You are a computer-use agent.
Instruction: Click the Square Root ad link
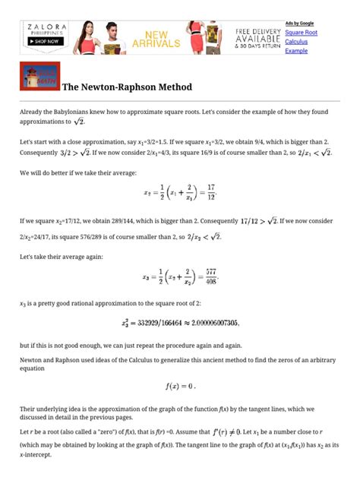[301, 33]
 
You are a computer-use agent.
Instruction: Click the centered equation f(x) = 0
[181, 386]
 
